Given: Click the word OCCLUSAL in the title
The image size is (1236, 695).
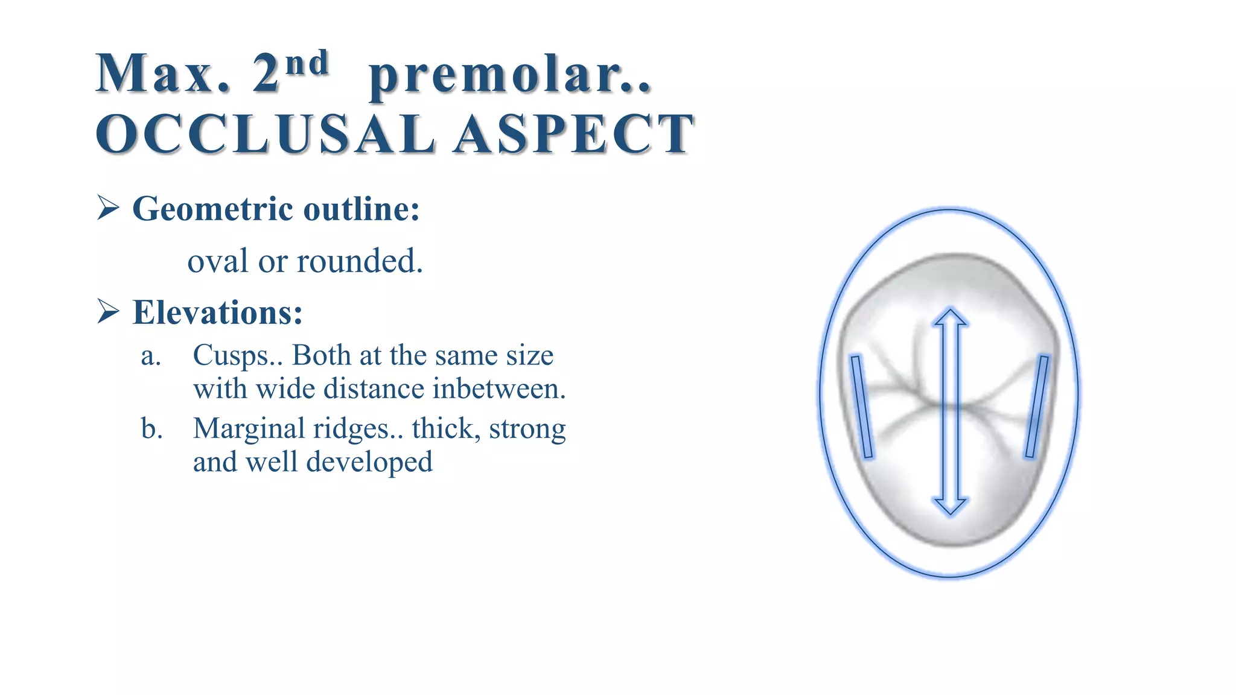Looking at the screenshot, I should point(265,133).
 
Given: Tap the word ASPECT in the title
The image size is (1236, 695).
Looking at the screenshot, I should point(574,133).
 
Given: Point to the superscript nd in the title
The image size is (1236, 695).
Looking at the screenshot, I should point(307,63).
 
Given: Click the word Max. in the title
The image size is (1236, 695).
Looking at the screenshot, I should point(163,75).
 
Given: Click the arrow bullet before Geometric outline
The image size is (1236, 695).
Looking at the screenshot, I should point(108,209).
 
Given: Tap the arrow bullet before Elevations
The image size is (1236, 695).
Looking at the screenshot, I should point(108,312).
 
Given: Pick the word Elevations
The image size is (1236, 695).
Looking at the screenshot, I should point(217,313).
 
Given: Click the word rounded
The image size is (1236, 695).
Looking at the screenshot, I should point(360,261).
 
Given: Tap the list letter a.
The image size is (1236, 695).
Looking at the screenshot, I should point(151,355).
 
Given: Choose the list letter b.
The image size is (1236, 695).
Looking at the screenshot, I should point(151,429).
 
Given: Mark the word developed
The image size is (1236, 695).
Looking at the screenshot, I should point(369,462).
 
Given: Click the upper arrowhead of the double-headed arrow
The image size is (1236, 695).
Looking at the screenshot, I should point(951,318).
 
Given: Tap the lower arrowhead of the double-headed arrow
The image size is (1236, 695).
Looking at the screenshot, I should point(951,505).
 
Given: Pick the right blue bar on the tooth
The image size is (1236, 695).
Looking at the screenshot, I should point(1037,406).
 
